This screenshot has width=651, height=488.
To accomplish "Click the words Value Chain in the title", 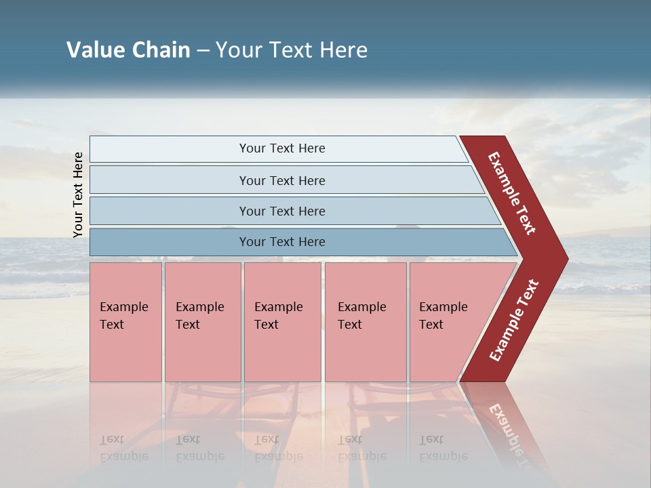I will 128,50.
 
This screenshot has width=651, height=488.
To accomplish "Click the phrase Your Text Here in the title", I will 292,50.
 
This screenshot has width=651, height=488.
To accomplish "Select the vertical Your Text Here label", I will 78,195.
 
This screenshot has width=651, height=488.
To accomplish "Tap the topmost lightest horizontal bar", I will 281,148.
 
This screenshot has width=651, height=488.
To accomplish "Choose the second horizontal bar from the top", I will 281,180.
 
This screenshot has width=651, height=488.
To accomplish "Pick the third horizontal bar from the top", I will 281,211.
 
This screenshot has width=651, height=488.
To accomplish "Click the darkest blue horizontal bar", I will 281,242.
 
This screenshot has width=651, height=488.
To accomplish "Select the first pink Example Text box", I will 125,322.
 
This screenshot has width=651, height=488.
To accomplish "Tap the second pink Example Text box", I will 202,322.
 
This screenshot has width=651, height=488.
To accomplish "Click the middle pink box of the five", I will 282,322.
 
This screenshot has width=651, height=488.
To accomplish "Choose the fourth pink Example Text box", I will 365,322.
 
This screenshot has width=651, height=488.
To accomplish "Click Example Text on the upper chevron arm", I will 512,193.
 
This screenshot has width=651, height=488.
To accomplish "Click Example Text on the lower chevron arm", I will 514,321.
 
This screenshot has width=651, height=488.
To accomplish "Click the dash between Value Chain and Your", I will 203,51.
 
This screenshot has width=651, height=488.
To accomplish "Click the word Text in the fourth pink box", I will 350,325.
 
